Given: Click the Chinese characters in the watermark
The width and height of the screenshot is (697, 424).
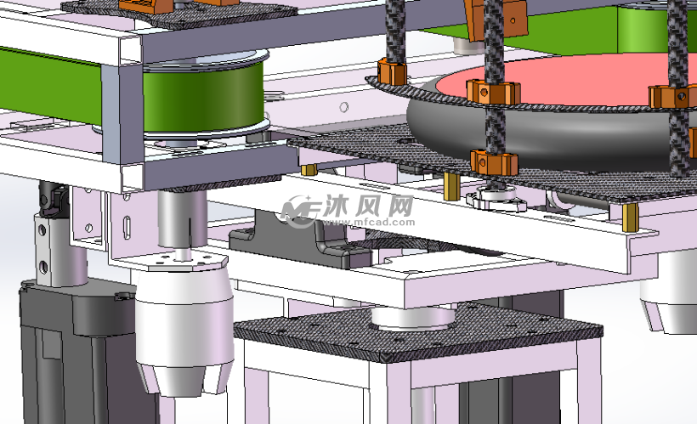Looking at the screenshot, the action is pyautogui.click(x=369, y=206).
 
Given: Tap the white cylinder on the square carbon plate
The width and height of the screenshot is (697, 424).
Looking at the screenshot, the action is pyautogui.click(x=413, y=316).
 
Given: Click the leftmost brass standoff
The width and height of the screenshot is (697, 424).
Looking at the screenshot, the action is pyautogui.click(x=309, y=169).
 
